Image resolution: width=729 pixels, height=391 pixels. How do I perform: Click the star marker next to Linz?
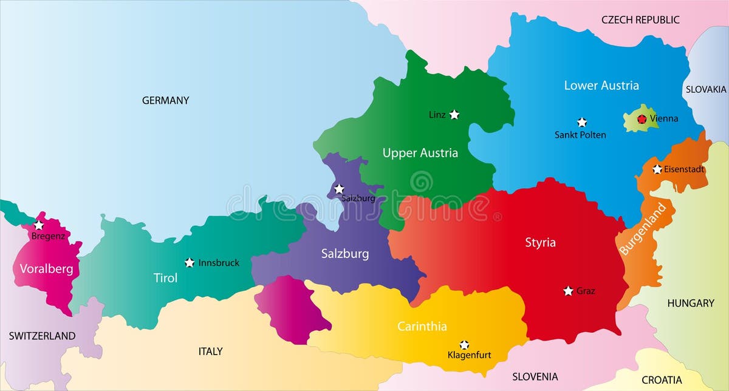coord(454,114)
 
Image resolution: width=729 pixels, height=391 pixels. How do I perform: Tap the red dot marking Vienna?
coord(642,119)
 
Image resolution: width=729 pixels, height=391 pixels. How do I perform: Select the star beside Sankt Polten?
coord(582,122)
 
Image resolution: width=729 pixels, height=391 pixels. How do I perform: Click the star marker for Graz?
coord(568,291)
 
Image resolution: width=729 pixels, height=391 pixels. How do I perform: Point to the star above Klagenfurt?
coord(464,344)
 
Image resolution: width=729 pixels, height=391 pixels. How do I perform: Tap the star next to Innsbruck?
coord(190,262)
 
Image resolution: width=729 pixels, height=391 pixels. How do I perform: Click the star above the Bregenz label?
coord(39,225)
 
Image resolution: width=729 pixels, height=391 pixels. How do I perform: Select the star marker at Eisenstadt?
coord(657,169)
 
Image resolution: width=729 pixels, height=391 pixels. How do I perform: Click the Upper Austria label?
coord(420,153)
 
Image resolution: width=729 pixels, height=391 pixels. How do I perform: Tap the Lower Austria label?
coord(601,86)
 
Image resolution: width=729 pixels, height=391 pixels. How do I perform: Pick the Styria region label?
coord(540,243)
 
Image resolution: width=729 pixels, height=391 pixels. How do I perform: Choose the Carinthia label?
coord(422,327)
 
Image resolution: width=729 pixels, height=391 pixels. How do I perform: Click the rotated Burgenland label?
coord(647,228)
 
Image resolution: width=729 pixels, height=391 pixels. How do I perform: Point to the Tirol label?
coord(165,278)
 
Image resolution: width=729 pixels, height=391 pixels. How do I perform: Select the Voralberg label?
coord(46,269)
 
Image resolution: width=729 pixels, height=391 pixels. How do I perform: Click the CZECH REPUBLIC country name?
coord(640,20)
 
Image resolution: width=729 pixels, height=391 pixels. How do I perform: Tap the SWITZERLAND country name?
coord(42,336)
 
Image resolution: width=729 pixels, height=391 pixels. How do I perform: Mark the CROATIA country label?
coord(662,380)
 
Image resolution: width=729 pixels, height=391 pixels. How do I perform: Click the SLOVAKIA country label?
coord(706,89)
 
